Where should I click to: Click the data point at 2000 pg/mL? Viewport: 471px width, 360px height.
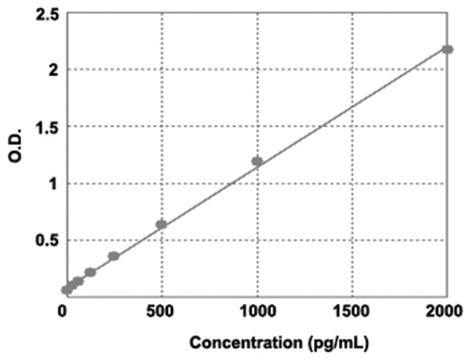[447, 49]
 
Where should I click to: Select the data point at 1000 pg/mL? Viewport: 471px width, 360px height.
[257, 162]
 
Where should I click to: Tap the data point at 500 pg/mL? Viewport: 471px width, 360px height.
[162, 225]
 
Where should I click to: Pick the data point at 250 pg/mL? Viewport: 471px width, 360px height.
[114, 256]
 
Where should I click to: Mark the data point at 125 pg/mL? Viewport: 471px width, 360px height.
[90, 272]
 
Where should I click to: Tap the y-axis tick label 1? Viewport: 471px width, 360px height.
[49, 184]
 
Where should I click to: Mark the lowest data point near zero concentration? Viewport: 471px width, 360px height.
[67, 290]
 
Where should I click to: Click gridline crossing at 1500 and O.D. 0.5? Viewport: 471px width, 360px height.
[352, 240]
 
